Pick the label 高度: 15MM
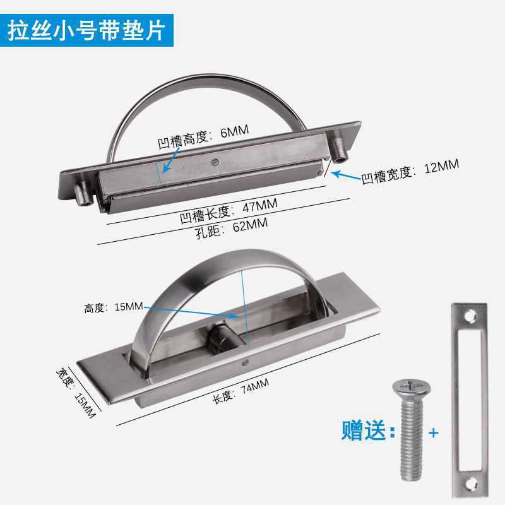pyautogui.click(x=114, y=307)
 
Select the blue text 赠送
pyautogui.click(x=363, y=432)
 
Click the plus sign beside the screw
pyautogui.click(x=433, y=434)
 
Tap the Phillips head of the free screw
pyautogui.click(x=404, y=386)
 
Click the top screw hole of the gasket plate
pyautogui.click(x=469, y=314)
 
